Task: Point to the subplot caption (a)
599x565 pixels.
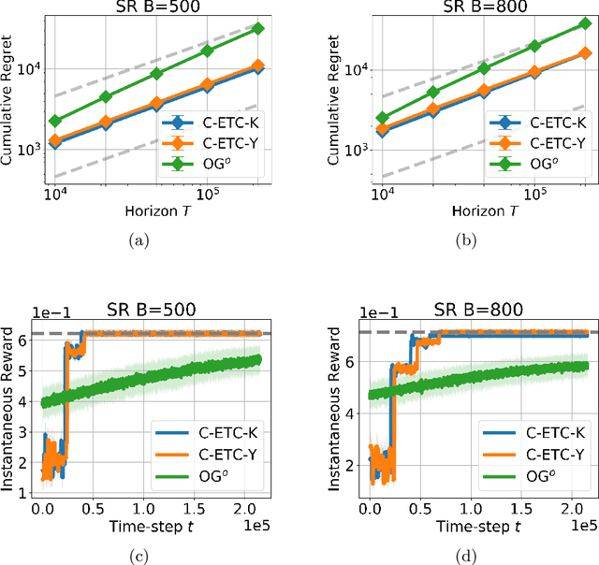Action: point(139,240)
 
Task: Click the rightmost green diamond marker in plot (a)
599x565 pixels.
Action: point(258,28)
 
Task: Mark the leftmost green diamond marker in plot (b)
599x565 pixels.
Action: point(382,118)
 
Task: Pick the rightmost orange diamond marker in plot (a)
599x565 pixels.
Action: point(258,66)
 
